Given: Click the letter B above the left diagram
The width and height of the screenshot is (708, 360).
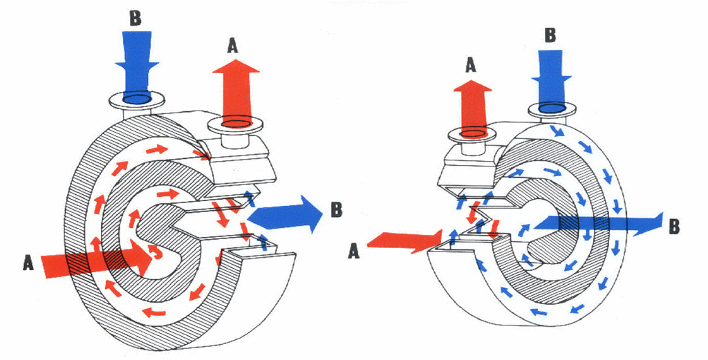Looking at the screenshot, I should [x=136, y=19].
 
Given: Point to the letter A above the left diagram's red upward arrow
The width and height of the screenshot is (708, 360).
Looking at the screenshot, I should [x=233, y=46].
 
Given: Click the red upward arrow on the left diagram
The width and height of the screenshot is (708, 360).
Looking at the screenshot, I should [x=235, y=86].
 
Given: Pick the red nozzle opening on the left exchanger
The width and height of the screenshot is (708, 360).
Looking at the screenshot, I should [x=236, y=124].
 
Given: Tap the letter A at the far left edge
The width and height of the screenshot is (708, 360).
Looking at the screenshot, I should [x=28, y=263].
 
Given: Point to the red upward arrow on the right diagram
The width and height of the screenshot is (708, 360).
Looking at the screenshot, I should [x=472, y=104].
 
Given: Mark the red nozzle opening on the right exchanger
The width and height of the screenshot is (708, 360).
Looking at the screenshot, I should [x=472, y=133].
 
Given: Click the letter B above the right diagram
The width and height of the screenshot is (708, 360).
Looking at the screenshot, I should [x=550, y=35].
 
